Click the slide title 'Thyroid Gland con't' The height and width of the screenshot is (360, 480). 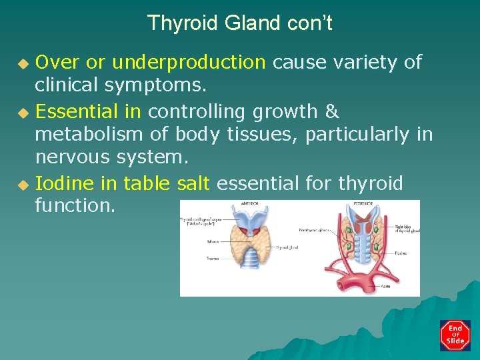239,23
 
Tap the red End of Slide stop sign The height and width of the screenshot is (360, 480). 455,335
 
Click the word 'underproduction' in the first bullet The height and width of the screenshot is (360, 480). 189,63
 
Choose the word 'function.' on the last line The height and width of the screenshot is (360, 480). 75,206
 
